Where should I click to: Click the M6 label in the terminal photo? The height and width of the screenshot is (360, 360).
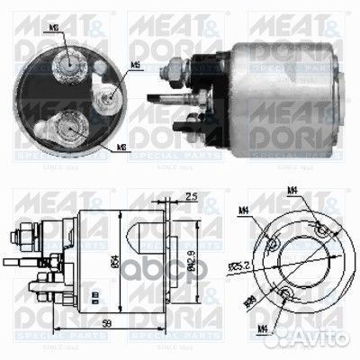click(134, 65)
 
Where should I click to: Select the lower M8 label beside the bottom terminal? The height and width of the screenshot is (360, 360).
click(121, 146)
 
